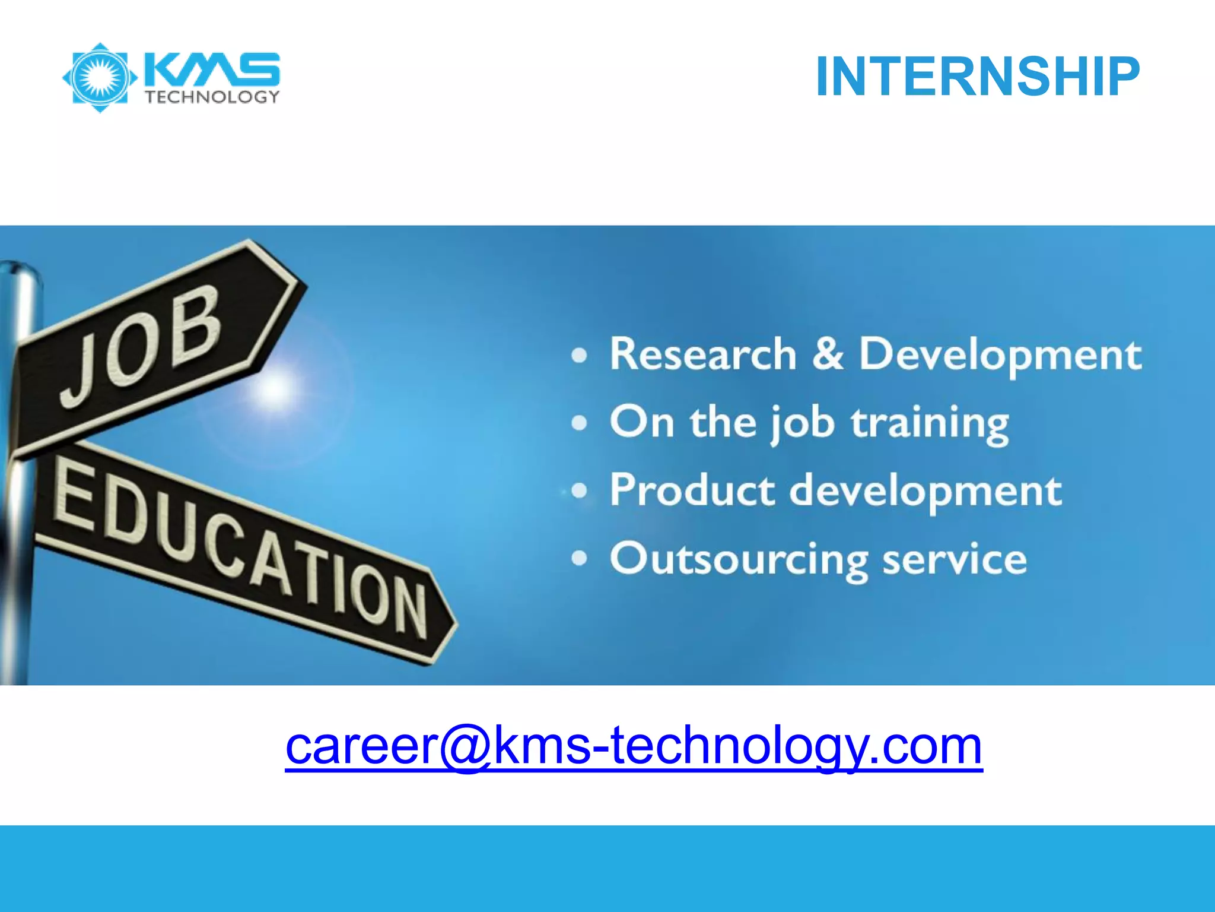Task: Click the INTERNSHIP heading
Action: point(977,77)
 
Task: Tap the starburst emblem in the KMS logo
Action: point(100,78)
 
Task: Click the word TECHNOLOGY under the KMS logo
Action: point(212,97)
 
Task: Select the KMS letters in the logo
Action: point(212,69)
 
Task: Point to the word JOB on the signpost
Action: point(142,344)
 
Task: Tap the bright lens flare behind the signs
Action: point(275,389)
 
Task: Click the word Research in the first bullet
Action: point(703,354)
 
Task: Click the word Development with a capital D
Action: point(1000,354)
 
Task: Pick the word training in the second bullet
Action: point(930,423)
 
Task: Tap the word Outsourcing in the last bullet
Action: point(739,560)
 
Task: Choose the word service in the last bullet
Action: point(955,559)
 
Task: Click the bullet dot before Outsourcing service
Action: point(579,559)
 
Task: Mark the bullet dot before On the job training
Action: point(579,423)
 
